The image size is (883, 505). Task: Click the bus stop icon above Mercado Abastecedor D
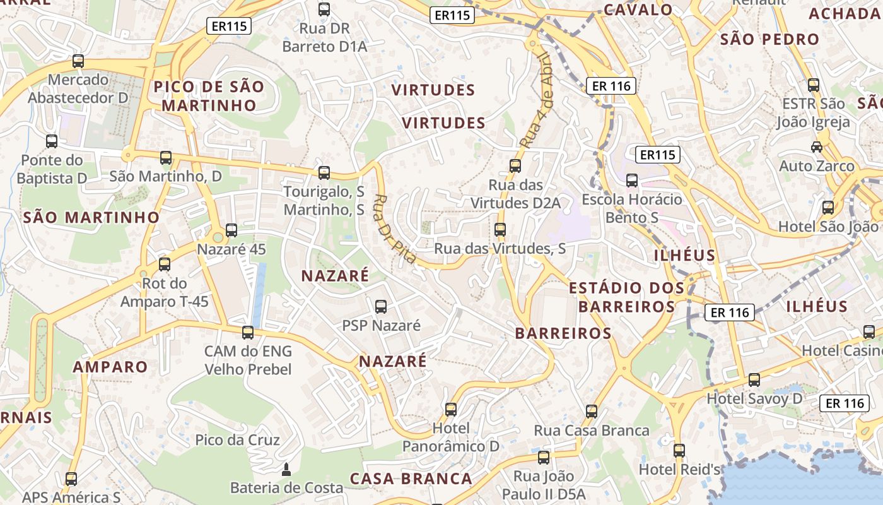point(78,61)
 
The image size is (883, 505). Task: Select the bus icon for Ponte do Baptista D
point(52,141)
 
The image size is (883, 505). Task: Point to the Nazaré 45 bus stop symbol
point(231,230)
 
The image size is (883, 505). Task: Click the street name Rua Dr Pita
point(395,229)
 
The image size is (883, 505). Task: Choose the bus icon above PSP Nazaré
point(381,307)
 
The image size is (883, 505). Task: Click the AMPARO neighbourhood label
point(110,367)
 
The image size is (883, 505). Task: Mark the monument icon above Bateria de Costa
point(286,469)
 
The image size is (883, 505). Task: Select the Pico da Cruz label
point(238,440)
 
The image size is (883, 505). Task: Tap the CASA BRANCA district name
point(411,478)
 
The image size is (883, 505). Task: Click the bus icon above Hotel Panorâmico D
point(451,409)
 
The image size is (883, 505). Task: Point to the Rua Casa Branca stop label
point(592,431)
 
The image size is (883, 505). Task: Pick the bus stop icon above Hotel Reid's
point(679,451)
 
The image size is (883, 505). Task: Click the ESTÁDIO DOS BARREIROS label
point(626,297)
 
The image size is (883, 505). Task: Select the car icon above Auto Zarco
point(817,147)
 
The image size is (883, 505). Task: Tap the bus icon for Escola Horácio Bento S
point(632,181)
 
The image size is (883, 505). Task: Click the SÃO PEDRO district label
point(769,39)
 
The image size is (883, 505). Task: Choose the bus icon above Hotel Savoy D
point(754,380)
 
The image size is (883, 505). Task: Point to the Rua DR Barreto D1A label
point(324,37)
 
